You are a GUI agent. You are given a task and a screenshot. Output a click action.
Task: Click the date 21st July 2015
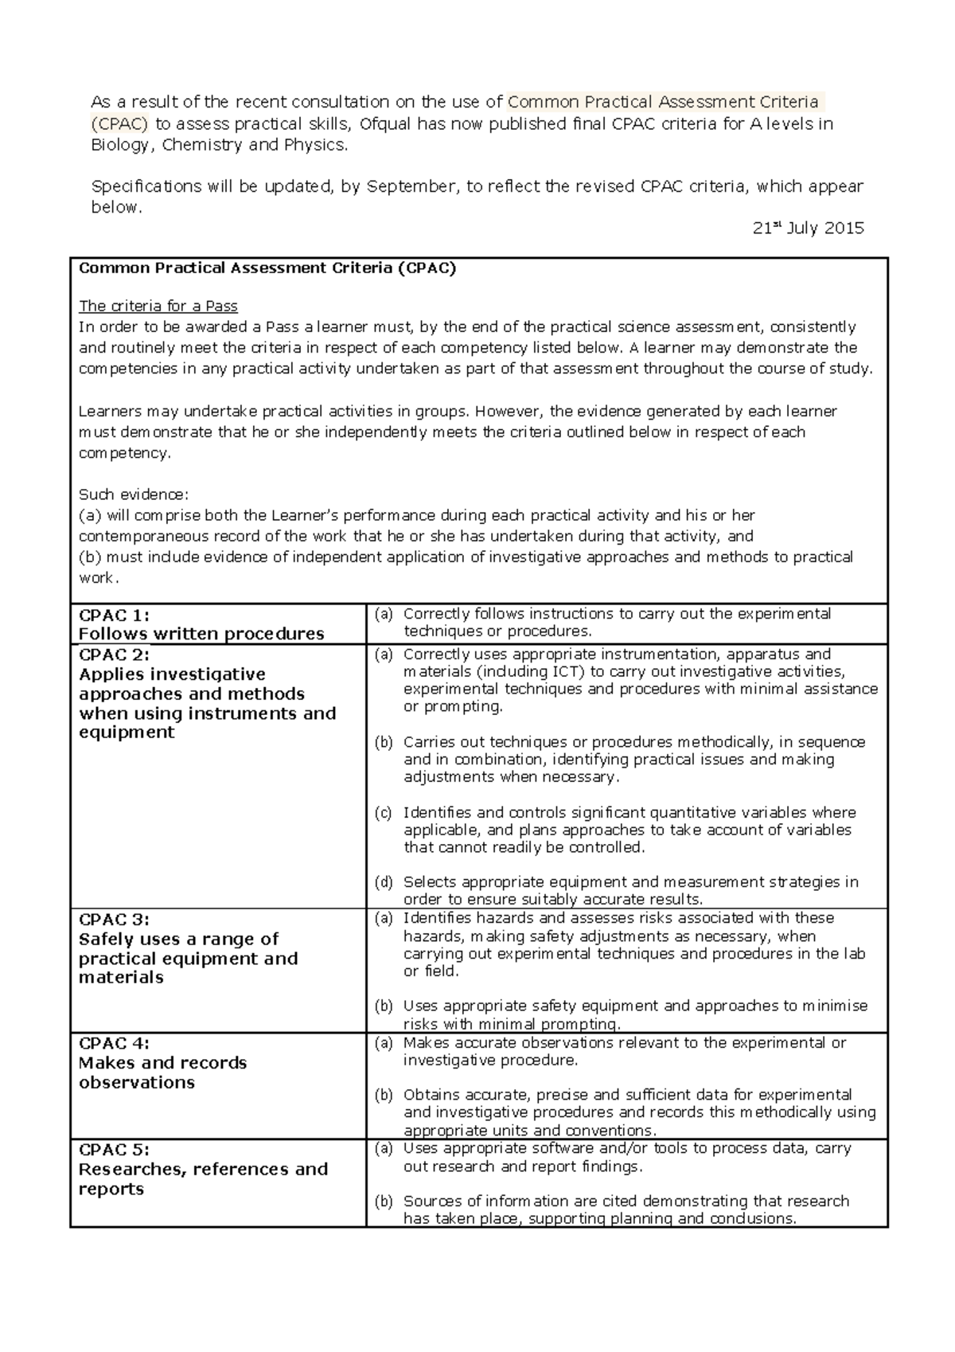808,229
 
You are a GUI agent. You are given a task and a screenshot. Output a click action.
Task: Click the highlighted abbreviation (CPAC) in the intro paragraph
119,123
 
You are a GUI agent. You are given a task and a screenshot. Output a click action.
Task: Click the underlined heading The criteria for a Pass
158,307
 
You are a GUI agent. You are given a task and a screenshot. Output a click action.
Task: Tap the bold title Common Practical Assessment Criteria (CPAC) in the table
267,268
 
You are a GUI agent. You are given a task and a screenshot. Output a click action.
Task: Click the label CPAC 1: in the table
115,615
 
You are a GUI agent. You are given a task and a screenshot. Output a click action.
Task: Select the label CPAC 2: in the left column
115,655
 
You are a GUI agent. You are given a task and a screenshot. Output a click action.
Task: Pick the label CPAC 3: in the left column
115,919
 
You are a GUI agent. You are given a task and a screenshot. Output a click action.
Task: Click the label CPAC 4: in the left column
115,1043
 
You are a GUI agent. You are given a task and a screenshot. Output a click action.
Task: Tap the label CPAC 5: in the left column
115,1150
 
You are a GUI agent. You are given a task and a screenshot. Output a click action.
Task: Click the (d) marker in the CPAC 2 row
384,882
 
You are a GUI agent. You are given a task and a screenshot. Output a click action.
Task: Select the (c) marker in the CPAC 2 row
384,813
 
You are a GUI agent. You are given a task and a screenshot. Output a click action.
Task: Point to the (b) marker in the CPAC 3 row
384,1006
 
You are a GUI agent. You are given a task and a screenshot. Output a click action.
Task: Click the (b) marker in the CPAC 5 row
384,1202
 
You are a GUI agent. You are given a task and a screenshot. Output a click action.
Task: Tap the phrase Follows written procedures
201,635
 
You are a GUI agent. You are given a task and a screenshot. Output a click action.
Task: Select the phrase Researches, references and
203,1170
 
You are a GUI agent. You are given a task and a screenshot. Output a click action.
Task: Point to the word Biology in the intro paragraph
120,145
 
